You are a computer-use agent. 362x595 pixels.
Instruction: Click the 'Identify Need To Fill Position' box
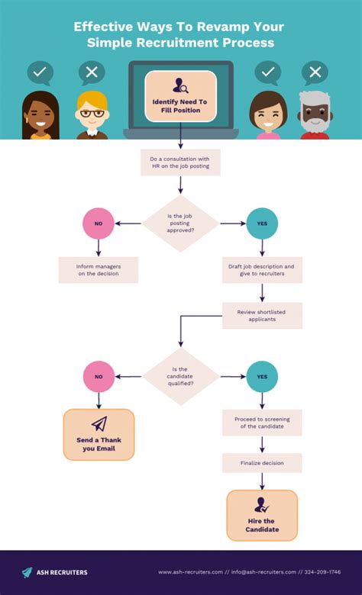tap(181, 96)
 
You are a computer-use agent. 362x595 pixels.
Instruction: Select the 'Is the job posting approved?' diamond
tap(181, 224)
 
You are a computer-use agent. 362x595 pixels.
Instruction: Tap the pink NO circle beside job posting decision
tap(98, 224)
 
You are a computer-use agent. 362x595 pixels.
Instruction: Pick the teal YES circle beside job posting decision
tap(262, 224)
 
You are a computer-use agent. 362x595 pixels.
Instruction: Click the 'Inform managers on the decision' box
tap(98, 270)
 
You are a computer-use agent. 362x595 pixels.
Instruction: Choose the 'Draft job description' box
tap(262, 270)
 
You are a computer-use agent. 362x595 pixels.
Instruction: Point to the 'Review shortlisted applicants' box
tap(262, 315)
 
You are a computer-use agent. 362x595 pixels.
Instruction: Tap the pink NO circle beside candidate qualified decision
tap(98, 377)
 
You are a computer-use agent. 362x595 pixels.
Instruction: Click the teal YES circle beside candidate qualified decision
tap(262, 377)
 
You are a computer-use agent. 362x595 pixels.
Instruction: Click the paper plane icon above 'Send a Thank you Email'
tap(99, 424)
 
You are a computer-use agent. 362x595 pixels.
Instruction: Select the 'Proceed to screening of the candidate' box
tap(262, 422)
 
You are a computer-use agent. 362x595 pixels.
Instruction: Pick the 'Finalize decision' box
tap(262, 462)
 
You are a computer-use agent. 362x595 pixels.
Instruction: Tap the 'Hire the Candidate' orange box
tap(262, 516)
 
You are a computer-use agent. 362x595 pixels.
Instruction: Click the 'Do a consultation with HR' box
tap(181, 162)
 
